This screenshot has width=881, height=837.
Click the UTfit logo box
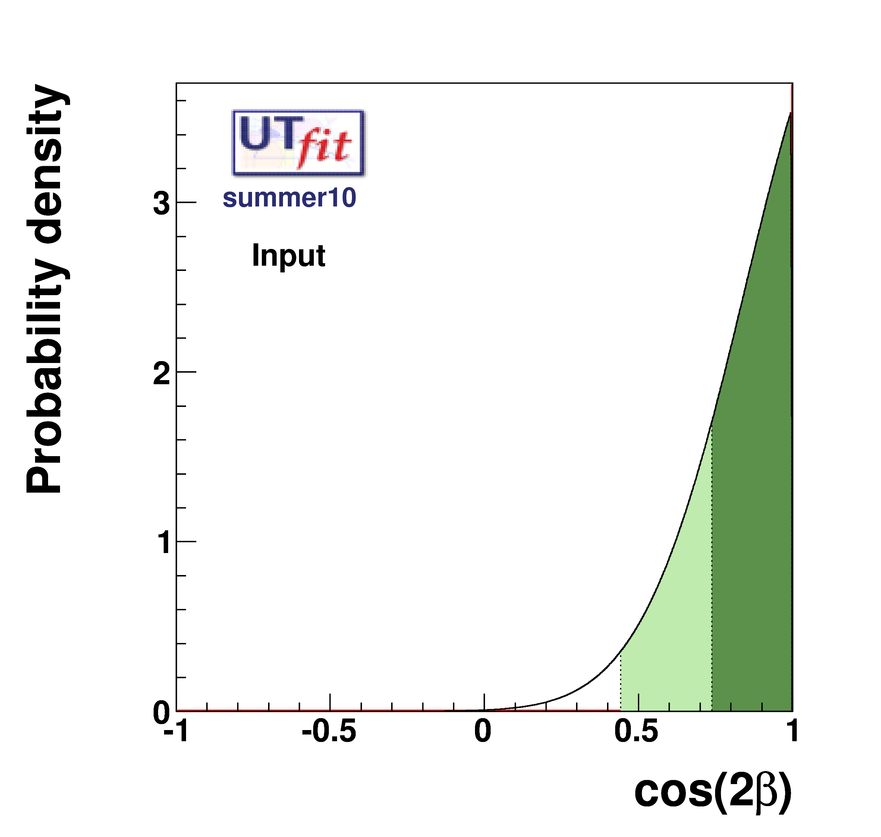(x=298, y=143)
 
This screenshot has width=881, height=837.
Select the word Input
(x=288, y=255)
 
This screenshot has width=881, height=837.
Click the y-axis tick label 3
(x=161, y=203)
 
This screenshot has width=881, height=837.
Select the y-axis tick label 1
(x=163, y=543)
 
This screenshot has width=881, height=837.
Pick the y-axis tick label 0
(x=161, y=712)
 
